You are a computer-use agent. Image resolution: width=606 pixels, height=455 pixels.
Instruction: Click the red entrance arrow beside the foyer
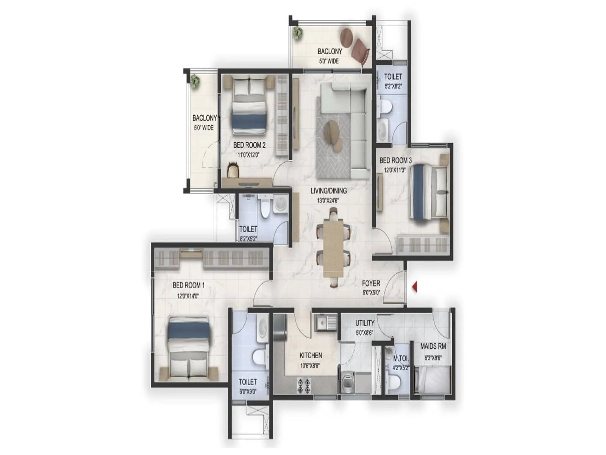[x=414, y=287]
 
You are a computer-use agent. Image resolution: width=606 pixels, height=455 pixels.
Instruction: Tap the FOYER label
[x=371, y=283]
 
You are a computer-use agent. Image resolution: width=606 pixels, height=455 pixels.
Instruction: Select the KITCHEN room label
[x=311, y=355]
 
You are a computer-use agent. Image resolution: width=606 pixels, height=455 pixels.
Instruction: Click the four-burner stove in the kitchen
[x=303, y=385]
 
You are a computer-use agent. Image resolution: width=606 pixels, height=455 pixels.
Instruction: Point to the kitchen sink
[x=325, y=322]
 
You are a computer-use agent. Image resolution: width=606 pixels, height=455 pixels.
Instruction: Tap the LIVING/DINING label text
[x=328, y=191]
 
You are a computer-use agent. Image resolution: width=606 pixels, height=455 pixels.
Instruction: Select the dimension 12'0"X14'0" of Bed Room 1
[x=188, y=296]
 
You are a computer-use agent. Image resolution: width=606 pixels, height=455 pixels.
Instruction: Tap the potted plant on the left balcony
[x=195, y=81]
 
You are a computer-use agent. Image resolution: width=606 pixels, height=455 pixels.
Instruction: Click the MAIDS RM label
[x=433, y=346]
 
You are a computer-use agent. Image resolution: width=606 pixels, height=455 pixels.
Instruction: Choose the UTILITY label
[x=365, y=323]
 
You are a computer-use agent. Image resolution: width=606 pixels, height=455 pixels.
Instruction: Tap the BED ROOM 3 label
[x=395, y=160]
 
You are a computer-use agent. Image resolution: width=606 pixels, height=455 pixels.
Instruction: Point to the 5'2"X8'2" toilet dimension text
[x=393, y=86]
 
